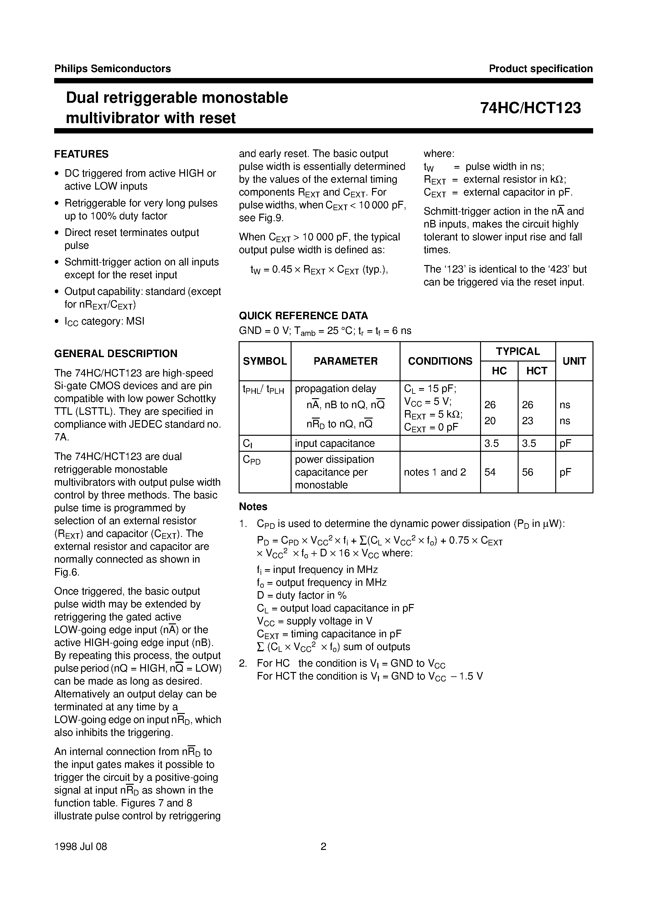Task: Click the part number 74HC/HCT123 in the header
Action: [530, 108]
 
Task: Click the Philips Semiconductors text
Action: [112, 69]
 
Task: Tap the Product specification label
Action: [541, 69]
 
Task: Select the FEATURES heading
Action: [81, 154]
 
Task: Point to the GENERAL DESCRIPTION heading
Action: [116, 353]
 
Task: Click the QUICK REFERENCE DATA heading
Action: [303, 315]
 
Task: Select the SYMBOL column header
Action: [265, 361]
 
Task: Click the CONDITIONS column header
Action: [440, 361]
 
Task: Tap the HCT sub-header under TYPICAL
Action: [536, 371]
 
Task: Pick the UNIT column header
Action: [574, 361]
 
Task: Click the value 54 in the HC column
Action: [490, 472]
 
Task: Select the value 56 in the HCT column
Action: [527, 472]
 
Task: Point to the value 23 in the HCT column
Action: [527, 421]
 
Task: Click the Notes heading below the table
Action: [253, 507]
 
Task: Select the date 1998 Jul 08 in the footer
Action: [80, 846]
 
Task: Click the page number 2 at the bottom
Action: [323, 846]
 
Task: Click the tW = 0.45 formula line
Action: [319, 270]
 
